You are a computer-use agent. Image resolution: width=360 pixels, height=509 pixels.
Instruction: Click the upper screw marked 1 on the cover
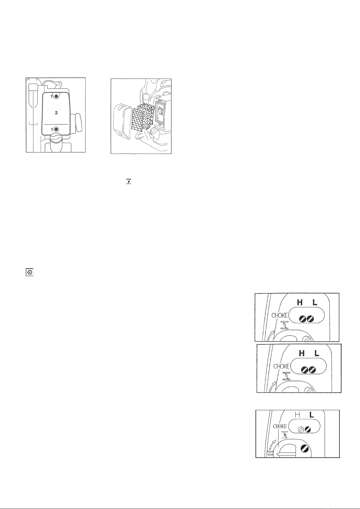tap(56, 97)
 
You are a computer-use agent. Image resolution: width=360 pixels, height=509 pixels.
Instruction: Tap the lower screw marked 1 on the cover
tap(56, 129)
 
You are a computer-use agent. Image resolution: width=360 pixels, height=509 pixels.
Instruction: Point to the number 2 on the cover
tap(56, 113)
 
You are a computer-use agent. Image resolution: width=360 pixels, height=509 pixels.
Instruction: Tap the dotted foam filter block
tap(146, 116)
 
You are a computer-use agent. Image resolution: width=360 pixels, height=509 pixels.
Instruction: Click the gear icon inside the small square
tap(30, 272)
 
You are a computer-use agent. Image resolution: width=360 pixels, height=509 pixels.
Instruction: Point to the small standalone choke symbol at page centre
tap(129, 181)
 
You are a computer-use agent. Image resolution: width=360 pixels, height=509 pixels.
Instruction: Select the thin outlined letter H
tap(297, 415)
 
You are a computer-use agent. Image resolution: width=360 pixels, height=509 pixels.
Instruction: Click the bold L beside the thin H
tap(312, 415)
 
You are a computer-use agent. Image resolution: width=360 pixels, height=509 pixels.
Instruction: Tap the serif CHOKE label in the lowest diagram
tap(280, 426)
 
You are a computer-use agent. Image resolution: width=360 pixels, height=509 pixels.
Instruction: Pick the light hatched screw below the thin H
tap(301, 430)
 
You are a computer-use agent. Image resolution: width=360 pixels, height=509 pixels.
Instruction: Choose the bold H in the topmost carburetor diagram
tap(300, 302)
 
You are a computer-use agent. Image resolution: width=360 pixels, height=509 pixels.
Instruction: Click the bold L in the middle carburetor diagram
tap(317, 353)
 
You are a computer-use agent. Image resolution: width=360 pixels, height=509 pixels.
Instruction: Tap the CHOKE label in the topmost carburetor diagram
tap(280, 315)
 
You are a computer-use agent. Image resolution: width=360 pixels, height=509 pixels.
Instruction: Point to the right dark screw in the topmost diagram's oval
tap(310, 319)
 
